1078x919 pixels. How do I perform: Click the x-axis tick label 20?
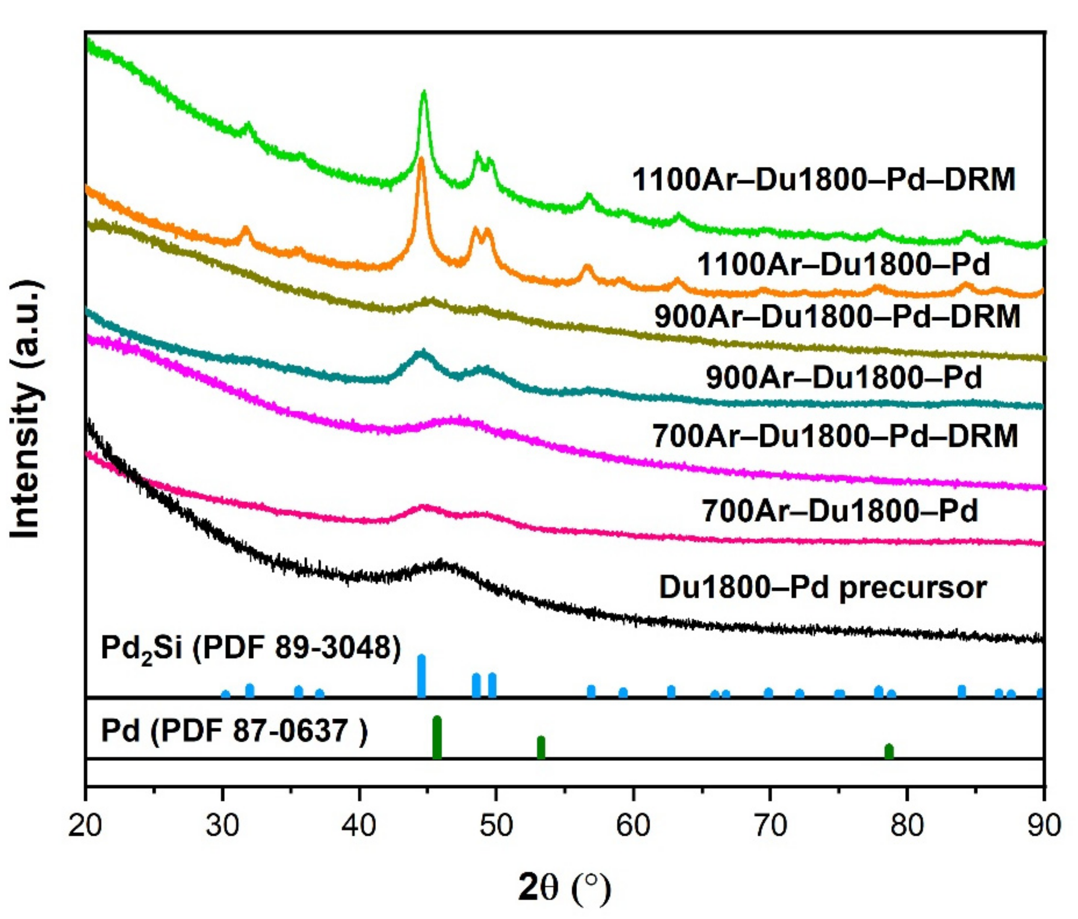pyautogui.click(x=84, y=825)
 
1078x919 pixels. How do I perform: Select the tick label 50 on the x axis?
pyautogui.click(x=496, y=825)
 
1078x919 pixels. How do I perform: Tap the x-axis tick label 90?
pyautogui.click(x=1044, y=825)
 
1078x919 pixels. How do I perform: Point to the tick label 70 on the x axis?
pyautogui.click(x=770, y=825)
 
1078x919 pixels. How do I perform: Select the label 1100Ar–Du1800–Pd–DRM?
pyautogui.click(x=823, y=180)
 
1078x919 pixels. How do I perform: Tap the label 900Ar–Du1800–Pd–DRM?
pyautogui.click(x=837, y=317)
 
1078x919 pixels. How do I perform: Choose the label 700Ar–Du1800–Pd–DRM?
pyautogui.click(x=835, y=436)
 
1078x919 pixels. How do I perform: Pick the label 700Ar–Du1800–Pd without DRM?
pyautogui.click(x=840, y=510)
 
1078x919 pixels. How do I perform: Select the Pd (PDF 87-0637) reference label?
pyautogui.click(x=234, y=731)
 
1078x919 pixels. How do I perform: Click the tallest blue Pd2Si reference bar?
pyautogui.click(x=421, y=676)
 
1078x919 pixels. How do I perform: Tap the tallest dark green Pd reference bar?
pyautogui.click(x=437, y=738)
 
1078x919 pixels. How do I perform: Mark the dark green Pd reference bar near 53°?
pyautogui.click(x=541, y=748)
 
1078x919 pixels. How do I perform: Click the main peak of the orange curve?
pyautogui.click(x=421, y=161)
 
